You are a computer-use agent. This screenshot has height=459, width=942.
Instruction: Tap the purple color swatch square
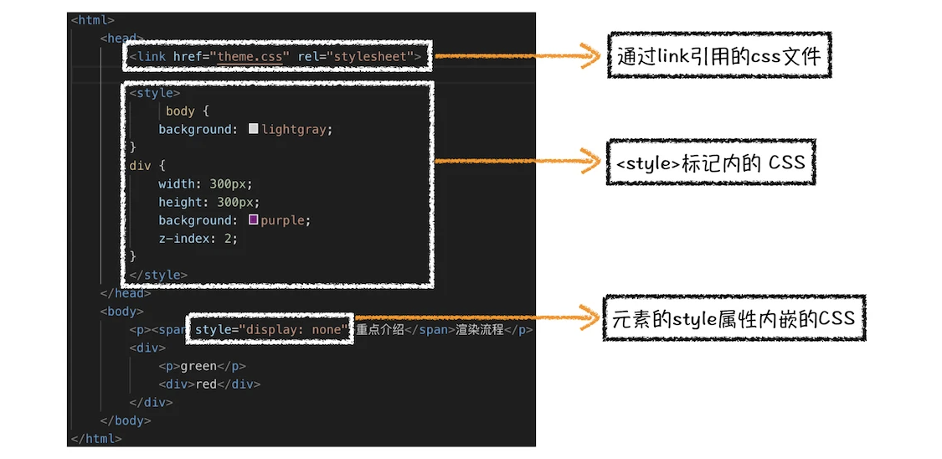[x=253, y=220]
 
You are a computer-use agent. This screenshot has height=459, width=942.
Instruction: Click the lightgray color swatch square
[x=253, y=128]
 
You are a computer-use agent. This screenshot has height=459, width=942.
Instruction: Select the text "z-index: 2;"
[x=198, y=239]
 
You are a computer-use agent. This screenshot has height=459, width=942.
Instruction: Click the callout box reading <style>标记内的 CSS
[x=711, y=162]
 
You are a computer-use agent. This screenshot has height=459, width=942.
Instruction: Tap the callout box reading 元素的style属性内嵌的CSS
[x=734, y=317]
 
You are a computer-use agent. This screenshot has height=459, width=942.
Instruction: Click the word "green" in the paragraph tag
[x=198, y=367]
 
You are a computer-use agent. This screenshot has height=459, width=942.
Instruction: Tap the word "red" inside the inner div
[x=205, y=384]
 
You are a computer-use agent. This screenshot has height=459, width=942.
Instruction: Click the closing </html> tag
[x=96, y=439]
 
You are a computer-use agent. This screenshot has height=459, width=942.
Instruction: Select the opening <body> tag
[x=122, y=312]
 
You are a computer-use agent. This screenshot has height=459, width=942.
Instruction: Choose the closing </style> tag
[x=158, y=276]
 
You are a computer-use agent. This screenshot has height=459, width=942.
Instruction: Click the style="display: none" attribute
[x=271, y=330]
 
